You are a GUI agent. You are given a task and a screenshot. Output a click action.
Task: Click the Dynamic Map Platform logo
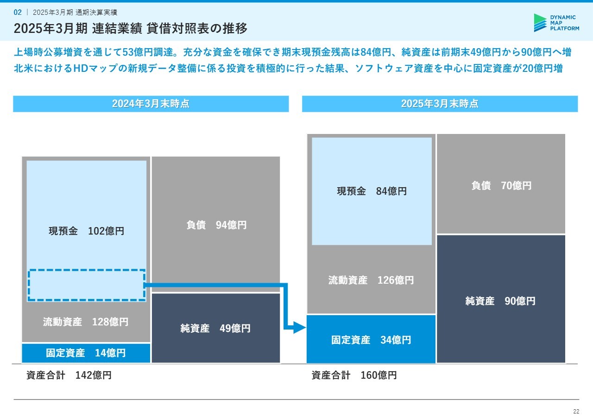coord(556,23)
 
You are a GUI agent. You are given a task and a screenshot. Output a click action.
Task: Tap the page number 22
coord(576,411)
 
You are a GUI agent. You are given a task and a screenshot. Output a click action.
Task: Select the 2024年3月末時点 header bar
coord(151,104)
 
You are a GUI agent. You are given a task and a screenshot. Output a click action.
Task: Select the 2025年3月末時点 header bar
coord(440,104)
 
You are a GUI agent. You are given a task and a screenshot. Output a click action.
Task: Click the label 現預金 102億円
coord(86,231)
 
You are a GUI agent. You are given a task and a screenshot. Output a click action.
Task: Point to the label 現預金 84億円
coord(372,191)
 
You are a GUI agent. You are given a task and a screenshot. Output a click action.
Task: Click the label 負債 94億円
coord(216,225)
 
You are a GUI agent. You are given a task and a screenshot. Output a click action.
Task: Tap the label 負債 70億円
coord(501,185)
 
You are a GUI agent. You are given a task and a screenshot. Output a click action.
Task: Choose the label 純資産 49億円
coord(215,328)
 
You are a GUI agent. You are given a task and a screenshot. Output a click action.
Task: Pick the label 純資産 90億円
coord(500,301)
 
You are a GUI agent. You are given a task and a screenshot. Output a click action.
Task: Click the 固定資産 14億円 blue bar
coord(86,353)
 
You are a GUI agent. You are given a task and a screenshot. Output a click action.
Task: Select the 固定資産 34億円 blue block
coord(371,339)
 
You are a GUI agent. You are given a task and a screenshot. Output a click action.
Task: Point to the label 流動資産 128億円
coord(86,322)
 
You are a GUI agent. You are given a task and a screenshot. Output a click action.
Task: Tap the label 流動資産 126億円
coord(371,280)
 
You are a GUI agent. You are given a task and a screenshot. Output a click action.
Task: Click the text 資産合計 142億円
coord(69,375)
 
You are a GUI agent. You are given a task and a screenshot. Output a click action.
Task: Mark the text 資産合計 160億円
coord(354,375)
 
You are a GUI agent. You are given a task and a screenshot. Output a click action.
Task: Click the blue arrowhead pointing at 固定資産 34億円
coord(300,328)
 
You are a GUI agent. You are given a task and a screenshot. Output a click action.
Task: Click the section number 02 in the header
coord(18,12)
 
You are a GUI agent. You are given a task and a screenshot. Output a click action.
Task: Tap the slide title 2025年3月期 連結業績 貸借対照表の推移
coord(131,28)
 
